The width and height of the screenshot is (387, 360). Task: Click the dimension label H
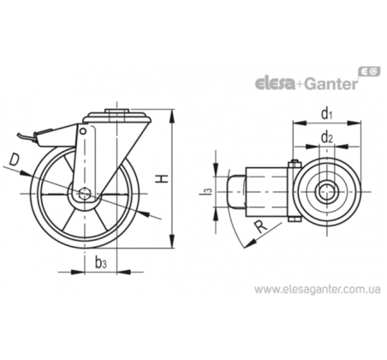point(163,179)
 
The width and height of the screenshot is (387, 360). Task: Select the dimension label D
point(14,159)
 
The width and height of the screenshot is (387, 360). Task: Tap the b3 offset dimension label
point(101,262)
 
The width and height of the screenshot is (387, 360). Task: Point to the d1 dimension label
point(327,114)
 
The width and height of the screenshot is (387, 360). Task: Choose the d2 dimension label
point(327,137)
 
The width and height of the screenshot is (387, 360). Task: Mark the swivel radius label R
point(260,226)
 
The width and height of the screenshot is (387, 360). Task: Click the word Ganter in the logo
point(330,83)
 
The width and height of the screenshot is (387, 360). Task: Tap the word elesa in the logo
point(275,84)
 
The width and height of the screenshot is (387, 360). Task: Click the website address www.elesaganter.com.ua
point(318,290)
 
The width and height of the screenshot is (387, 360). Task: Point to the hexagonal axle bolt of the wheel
point(85,194)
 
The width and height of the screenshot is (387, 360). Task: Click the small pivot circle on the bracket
point(83,131)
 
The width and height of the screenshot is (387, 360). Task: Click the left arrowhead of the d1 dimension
point(300,123)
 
